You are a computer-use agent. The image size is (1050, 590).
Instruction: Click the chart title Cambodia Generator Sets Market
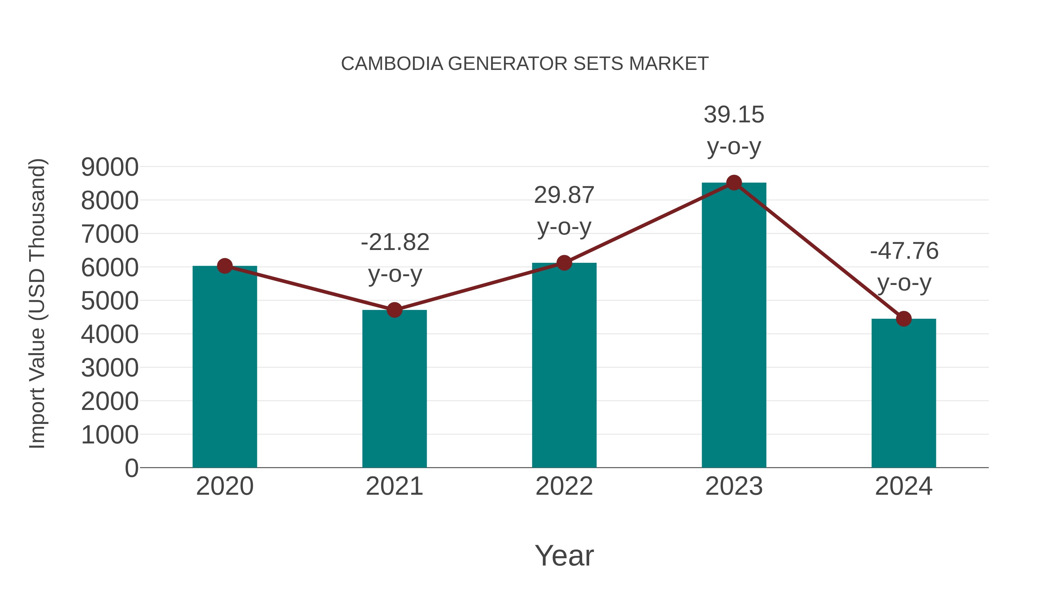pyautogui.click(x=525, y=64)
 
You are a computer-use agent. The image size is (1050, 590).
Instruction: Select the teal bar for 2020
pyautogui.click(x=225, y=367)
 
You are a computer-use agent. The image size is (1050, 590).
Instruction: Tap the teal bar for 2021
pyautogui.click(x=394, y=389)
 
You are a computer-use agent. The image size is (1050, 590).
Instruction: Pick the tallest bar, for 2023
pyautogui.click(x=734, y=326)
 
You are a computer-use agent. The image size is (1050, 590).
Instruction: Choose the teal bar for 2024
pyautogui.click(x=904, y=393)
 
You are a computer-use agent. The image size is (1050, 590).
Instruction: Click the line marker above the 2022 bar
pyautogui.click(x=564, y=263)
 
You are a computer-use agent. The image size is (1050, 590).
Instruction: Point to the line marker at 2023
pyautogui.click(x=734, y=183)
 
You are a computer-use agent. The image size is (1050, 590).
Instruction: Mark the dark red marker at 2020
pyautogui.click(x=225, y=266)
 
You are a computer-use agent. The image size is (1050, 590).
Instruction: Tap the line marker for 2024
pyautogui.click(x=904, y=319)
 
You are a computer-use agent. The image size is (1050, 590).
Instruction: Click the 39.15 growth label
pyautogui.click(x=734, y=115)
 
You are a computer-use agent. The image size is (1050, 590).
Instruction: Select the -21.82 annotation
pyautogui.click(x=395, y=243)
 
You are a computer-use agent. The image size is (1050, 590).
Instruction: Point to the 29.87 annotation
pyautogui.click(x=564, y=196)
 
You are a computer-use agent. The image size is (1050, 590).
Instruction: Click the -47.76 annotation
pyautogui.click(x=904, y=251)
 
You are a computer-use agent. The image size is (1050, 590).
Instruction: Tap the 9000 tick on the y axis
pyautogui.click(x=110, y=167)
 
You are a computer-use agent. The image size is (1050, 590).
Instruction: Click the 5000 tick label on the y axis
pyautogui.click(x=110, y=301)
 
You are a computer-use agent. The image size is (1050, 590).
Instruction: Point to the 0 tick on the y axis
pyautogui.click(x=131, y=468)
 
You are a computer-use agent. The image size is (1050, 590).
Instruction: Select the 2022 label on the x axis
pyautogui.click(x=564, y=486)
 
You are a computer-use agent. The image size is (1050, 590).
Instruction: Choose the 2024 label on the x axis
pyautogui.click(x=904, y=486)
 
